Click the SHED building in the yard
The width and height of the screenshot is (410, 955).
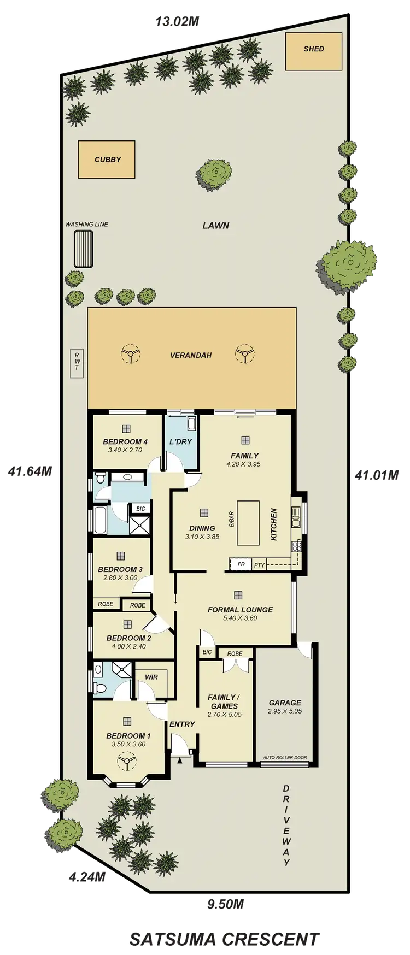pyautogui.click(x=314, y=49)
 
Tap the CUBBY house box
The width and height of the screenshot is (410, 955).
pyautogui.click(x=107, y=160)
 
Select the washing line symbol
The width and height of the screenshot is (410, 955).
pyautogui.click(x=84, y=249)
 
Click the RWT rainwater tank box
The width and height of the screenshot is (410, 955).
pyautogui.click(x=77, y=363)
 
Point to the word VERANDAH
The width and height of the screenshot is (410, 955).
pyautogui.click(x=191, y=355)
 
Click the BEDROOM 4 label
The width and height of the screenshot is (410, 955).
pyautogui.click(x=125, y=441)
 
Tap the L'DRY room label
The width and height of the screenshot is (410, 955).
pyautogui.click(x=181, y=441)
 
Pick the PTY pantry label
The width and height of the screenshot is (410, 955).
pyautogui.click(x=259, y=565)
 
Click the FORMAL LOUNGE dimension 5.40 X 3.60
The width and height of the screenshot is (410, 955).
pyautogui.click(x=240, y=618)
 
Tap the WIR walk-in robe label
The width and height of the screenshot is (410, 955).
pyautogui.click(x=151, y=677)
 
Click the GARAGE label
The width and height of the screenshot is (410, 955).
pyautogui.click(x=285, y=703)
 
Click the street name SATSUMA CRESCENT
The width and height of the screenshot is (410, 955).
pyautogui.click(x=224, y=939)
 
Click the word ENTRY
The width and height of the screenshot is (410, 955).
pyautogui.click(x=182, y=724)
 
